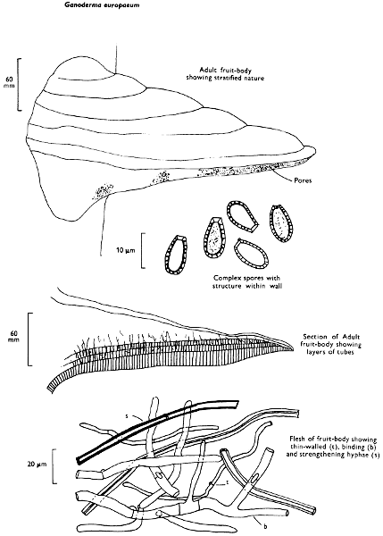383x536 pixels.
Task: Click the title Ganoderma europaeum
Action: point(103,5)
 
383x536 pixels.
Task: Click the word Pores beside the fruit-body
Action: point(303,180)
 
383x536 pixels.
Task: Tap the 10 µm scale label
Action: point(126,250)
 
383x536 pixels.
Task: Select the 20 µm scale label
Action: point(37,465)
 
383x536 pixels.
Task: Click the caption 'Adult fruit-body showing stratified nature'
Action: point(225,74)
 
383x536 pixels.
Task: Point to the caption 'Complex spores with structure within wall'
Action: point(247,282)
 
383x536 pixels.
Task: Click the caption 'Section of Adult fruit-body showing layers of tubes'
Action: point(332,344)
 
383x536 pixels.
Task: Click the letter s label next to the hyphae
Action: point(127,416)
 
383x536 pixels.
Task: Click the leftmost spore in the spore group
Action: point(176,255)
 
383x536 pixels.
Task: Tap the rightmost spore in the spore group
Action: point(282,223)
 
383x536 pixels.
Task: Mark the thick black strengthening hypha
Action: point(158,430)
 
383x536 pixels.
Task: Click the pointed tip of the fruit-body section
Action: point(293,348)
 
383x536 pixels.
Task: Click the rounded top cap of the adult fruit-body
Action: point(86,71)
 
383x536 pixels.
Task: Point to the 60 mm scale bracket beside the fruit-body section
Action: point(29,339)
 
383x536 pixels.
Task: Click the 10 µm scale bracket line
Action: point(142,250)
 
